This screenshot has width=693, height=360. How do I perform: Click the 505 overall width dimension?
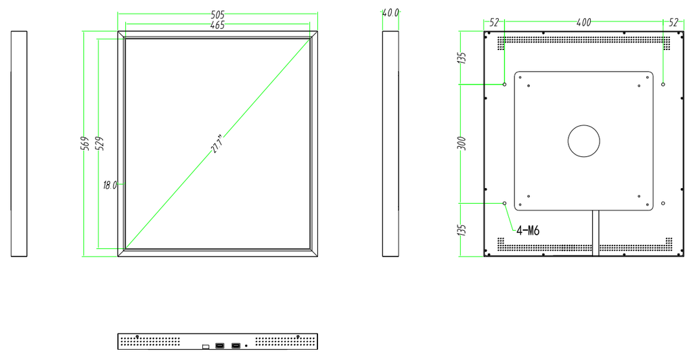coord(217,15)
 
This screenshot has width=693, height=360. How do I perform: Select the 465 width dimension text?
coord(217,25)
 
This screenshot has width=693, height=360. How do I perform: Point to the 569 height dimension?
coord(86,143)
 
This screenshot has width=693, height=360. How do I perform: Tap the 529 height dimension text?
coord(100,143)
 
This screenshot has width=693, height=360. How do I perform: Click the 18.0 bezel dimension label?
coord(110,185)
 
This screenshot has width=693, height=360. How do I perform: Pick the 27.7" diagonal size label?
coord(219,143)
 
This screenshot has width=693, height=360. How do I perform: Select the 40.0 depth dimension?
coord(390,13)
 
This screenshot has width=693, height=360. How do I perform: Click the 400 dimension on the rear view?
coord(584,22)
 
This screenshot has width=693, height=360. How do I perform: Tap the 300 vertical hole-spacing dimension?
coord(462,143)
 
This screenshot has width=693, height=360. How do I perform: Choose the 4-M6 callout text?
coord(528,231)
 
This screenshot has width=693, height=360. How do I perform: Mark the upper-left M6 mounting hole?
coord(505,84)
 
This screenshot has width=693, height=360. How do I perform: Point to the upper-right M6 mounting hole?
coord(663,84)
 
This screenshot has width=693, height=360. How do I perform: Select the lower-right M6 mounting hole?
coord(663,203)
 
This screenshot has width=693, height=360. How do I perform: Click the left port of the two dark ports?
coord(220,345)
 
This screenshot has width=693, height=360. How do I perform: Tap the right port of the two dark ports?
coord(236,345)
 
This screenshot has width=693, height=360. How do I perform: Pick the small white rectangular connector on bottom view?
coord(206,346)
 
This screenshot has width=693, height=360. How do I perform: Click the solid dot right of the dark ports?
coord(246,346)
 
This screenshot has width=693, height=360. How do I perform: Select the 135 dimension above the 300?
coord(462,58)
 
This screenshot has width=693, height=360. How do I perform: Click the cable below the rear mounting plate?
coord(596,233)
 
